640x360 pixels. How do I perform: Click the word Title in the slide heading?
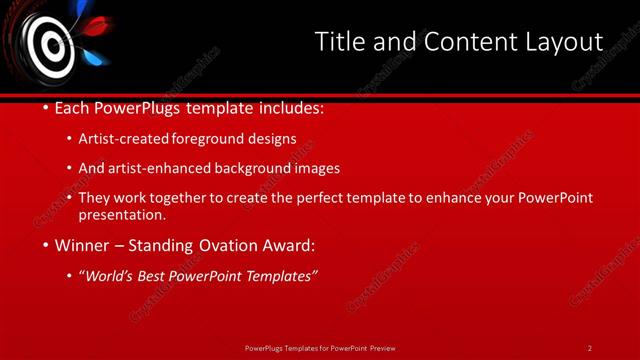click(x=338, y=42)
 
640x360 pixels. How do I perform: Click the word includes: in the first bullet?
click(x=290, y=107)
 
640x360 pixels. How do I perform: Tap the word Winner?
click(x=84, y=245)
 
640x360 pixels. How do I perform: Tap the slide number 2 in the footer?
click(x=590, y=348)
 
